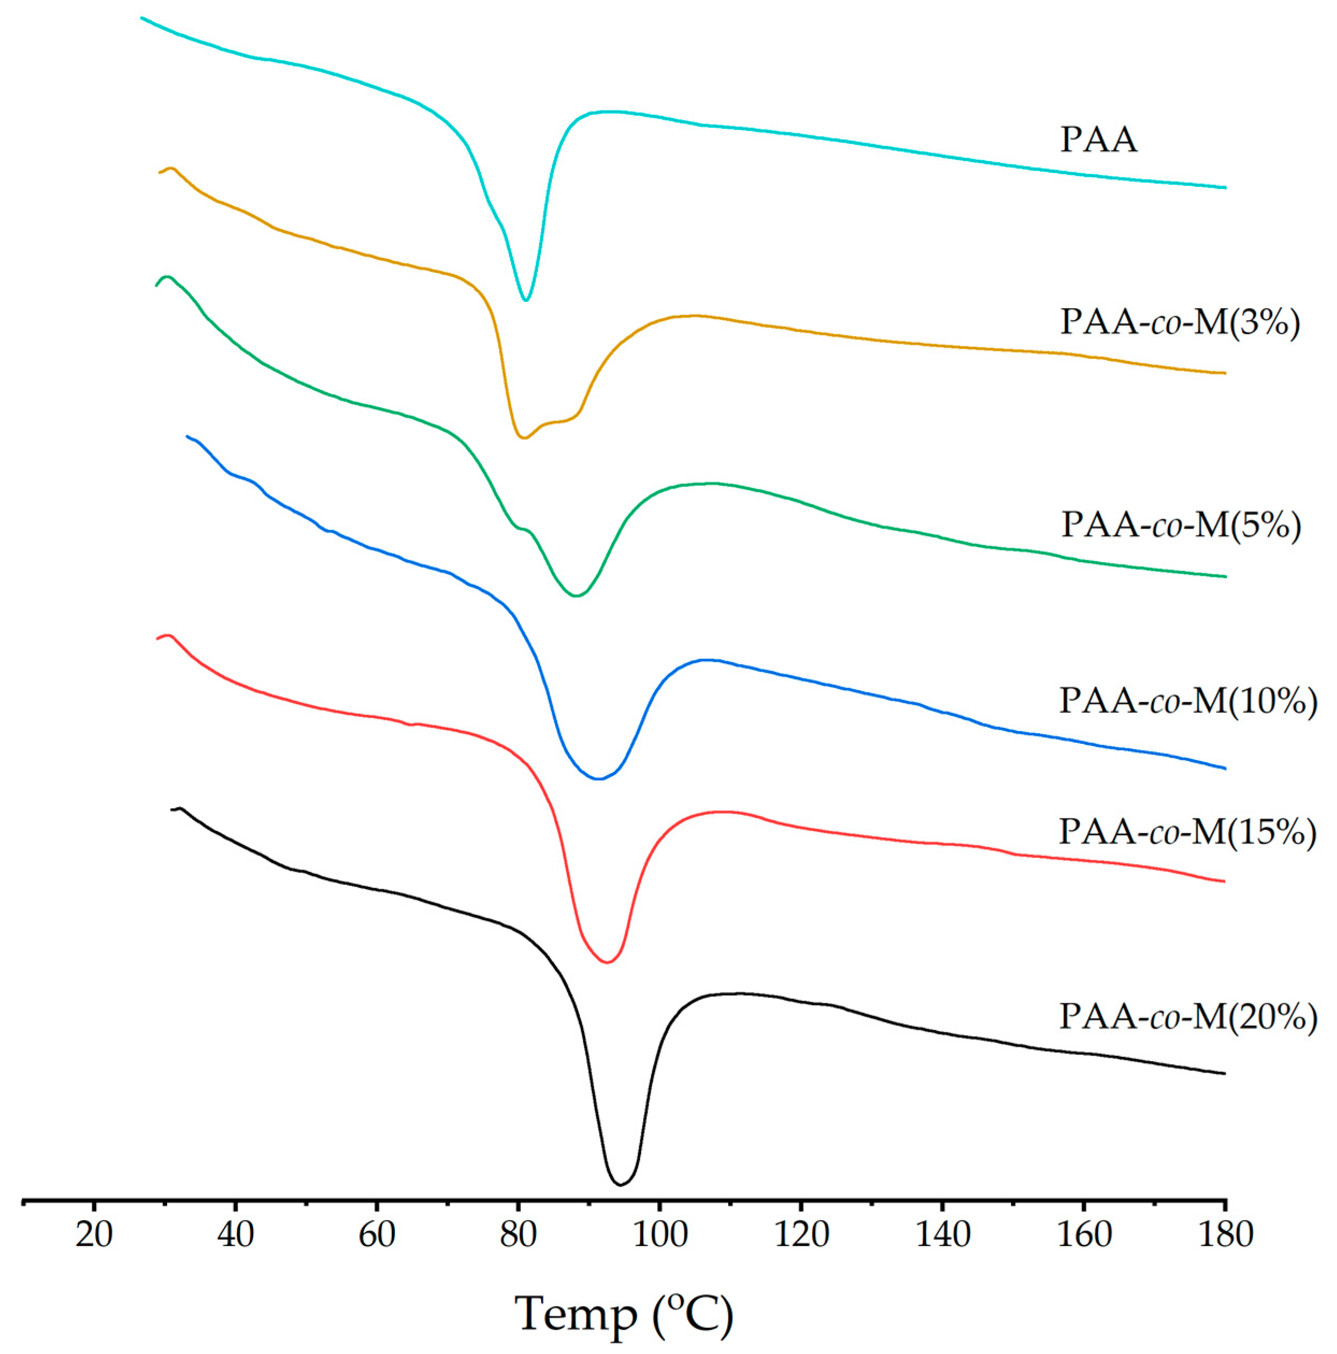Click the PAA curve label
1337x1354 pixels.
pos(1098,140)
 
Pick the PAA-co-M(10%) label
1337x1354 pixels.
pos(1188,701)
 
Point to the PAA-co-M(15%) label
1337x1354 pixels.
pos(1187,832)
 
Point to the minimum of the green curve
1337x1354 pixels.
pos(576,596)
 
